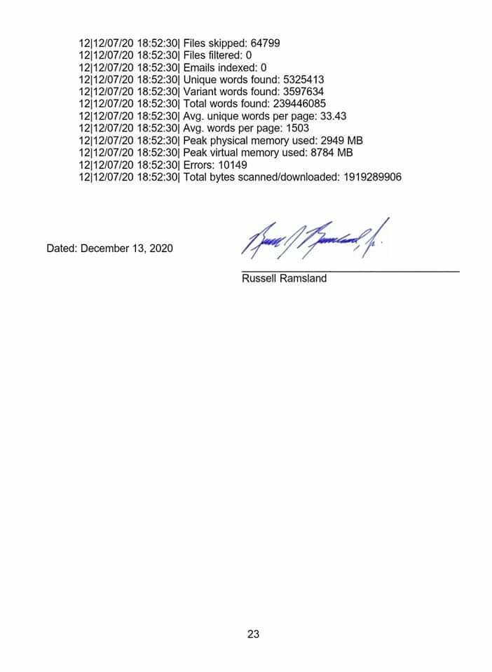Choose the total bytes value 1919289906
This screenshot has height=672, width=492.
372,177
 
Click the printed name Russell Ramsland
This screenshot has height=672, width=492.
284,279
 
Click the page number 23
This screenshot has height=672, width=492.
253,634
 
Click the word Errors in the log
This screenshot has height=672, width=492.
199,164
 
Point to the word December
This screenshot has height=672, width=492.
104,248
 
